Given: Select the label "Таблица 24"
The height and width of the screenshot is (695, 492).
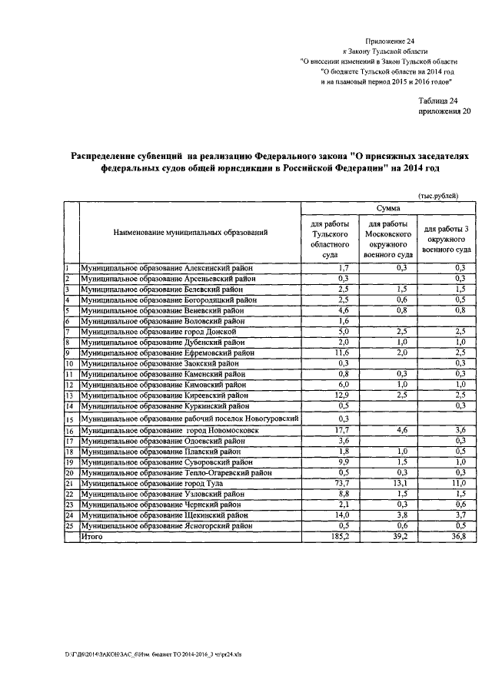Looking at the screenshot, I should coord(437,101).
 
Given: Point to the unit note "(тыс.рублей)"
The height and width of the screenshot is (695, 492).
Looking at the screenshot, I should coord(438,197).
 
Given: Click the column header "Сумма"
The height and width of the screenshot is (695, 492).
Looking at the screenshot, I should coord(387,208).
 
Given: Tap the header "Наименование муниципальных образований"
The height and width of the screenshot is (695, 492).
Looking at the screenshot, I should coord(191,231).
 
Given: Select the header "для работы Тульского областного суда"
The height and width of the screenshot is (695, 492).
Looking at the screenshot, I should coord(325,236).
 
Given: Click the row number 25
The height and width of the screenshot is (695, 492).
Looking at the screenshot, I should coord(68,527).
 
